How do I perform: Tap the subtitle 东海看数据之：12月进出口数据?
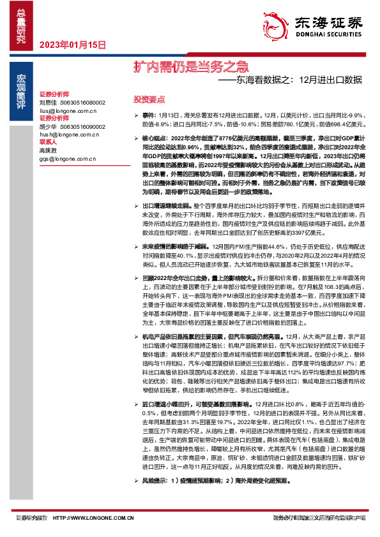[298, 80]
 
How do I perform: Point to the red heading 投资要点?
[149, 100]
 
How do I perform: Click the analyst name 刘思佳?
[48, 101]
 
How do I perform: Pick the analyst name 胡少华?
[48, 126]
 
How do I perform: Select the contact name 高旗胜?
[48, 151]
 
